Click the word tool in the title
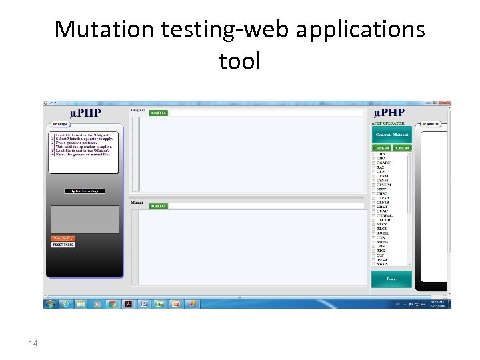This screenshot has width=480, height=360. [x=239, y=61]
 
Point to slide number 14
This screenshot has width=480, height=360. [x=33, y=343]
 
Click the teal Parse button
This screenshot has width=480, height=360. [x=391, y=279]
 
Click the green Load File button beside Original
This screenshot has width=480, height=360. [x=159, y=113]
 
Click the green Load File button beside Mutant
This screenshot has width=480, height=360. [x=159, y=206]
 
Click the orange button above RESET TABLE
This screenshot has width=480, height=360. [x=63, y=238]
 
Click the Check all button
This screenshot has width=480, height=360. [x=381, y=148]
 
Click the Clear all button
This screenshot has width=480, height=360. [x=402, y=148]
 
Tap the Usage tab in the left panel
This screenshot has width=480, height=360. [x=58, y=123]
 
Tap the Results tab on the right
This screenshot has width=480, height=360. [x=431, y=123]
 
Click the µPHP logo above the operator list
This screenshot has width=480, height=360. [x=391, y=113]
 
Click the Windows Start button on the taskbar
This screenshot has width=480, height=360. [x=50, y=303]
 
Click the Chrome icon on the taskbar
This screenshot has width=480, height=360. [x=113, y=303]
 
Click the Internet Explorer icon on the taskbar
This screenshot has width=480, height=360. [x=66, y=303]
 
